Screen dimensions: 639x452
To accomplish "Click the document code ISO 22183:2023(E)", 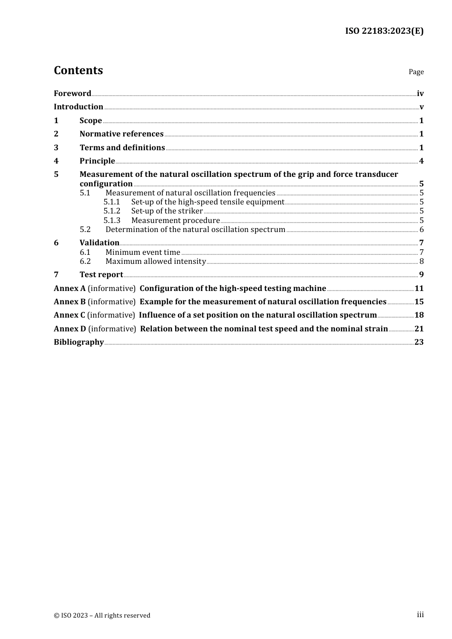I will (x=384, y=31).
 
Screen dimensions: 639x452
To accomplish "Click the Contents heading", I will (x=78, y=70).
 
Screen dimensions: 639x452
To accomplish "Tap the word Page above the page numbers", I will (x=416, y=72).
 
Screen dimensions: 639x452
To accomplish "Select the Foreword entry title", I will (x=72, y=94).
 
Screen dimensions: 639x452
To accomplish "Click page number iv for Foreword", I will (x=420, y=94).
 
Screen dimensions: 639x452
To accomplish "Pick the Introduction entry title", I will (x=79, y=107).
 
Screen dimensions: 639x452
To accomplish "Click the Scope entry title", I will (x=90, y=121).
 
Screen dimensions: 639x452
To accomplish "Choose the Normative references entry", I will (x=121, y=134).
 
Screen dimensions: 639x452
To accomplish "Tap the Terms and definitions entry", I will (x=122, y=148).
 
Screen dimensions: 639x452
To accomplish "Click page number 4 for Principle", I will (x=421, y=161).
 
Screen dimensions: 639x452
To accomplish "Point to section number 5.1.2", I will (x=112, y=211).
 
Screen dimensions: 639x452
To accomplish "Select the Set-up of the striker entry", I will (x=167, y=211).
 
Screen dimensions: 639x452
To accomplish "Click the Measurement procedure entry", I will (x=176, y=221).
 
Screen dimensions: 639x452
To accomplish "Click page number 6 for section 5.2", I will (x=421, y=230).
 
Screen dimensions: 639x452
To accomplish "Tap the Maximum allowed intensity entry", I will (x=156, y=261).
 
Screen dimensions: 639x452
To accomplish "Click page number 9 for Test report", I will (x=421, y=275).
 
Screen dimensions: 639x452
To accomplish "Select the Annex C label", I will (x=69, y=315).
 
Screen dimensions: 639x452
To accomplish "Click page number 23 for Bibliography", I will (x=419, y=342).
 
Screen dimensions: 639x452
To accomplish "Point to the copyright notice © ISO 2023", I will (x=102, y=616).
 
